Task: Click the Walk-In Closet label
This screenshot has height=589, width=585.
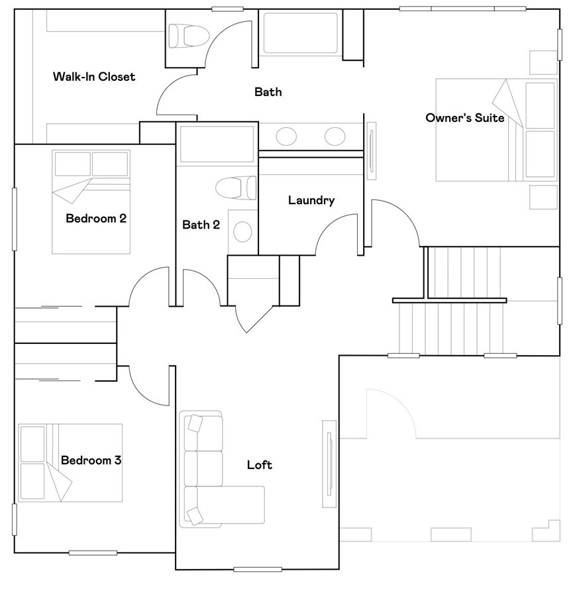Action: click(x=94, y=77)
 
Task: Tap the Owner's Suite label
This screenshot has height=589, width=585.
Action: click(x=465, y=117)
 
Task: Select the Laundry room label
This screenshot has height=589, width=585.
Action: click(x=311, y=200)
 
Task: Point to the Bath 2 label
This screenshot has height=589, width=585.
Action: click(x=201, y=225)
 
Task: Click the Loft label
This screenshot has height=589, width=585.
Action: click(x=259, y=465)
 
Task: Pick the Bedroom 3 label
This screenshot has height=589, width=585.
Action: click(x=91, y=460)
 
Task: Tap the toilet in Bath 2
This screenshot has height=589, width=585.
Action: click(x=236, y=187)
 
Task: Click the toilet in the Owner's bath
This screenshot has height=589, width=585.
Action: click(x=189, y=36)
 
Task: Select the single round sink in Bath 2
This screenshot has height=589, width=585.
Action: click(x=242, y=231)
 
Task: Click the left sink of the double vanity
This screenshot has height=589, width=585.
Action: click(x=286, y=136)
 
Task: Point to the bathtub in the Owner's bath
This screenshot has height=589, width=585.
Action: click(x=301, y=33)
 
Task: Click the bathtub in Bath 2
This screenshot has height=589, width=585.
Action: click(x=217, y=144)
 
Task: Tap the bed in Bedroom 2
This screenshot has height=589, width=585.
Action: click(x=91, y=202)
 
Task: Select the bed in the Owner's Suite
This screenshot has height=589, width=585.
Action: click(x=496, y=130)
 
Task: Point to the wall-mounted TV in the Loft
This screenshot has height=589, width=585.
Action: click(x=329, y=464)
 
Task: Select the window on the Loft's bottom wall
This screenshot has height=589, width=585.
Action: click(x=258, y=570)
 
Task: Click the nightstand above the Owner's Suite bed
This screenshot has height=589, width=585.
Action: click(x=543, y=62)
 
